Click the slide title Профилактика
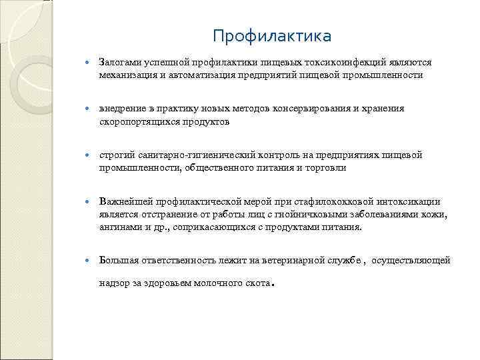[271, 35]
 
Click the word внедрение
[120, 108]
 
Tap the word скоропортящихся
[138, 122]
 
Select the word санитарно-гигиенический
[184, 155]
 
